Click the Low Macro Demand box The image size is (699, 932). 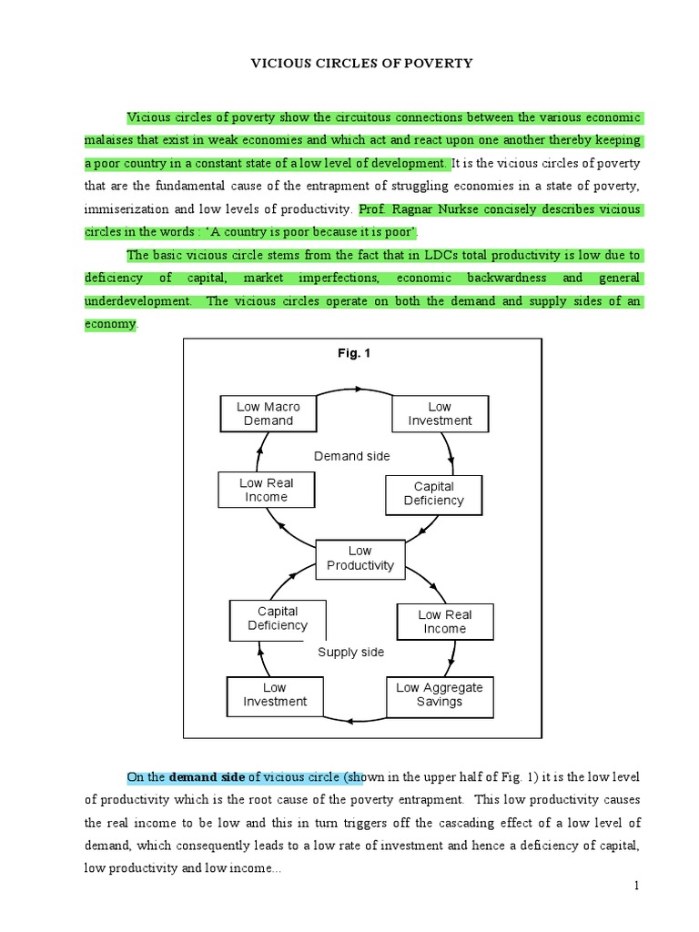click(x=268, y=414)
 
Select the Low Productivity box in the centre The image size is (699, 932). click(x=360, y=558)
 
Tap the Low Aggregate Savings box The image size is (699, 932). click(x=440, y=694)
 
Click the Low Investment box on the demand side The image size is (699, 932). click(x=440, y=414)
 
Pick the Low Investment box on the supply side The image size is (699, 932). click(x=274, y=694)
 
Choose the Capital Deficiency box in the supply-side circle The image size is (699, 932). click(x=278, y=618)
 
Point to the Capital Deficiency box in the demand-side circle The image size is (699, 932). click(x=433, y=493)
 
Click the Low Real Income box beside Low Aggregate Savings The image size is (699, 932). click(x=444, y=622)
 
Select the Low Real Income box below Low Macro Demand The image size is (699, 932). click(x=266, y=490)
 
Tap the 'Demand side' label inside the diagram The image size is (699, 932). click(x=352, y=456)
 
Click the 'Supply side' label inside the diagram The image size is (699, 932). click(x=350, y=652)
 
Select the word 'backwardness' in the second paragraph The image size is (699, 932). click(x=507, y=278)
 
